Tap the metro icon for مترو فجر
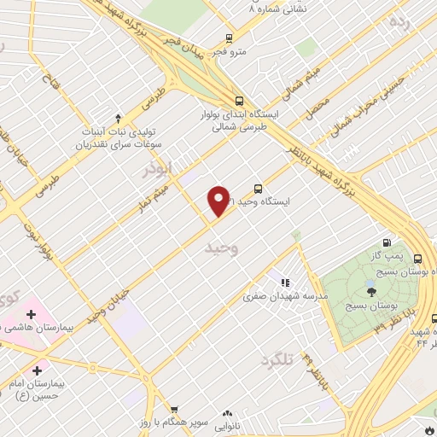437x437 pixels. click(229, 38)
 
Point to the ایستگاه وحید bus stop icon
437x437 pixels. click(258, 189)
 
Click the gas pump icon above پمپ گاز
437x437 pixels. click(390, 242)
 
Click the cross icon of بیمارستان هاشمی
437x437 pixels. click(31, 315)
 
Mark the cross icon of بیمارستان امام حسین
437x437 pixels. click(36, 370)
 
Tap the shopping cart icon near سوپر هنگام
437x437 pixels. click(174, 411)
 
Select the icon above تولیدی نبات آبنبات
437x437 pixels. click(118, 119)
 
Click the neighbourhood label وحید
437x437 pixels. click(218, 248)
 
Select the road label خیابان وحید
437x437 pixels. click(112, 303)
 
